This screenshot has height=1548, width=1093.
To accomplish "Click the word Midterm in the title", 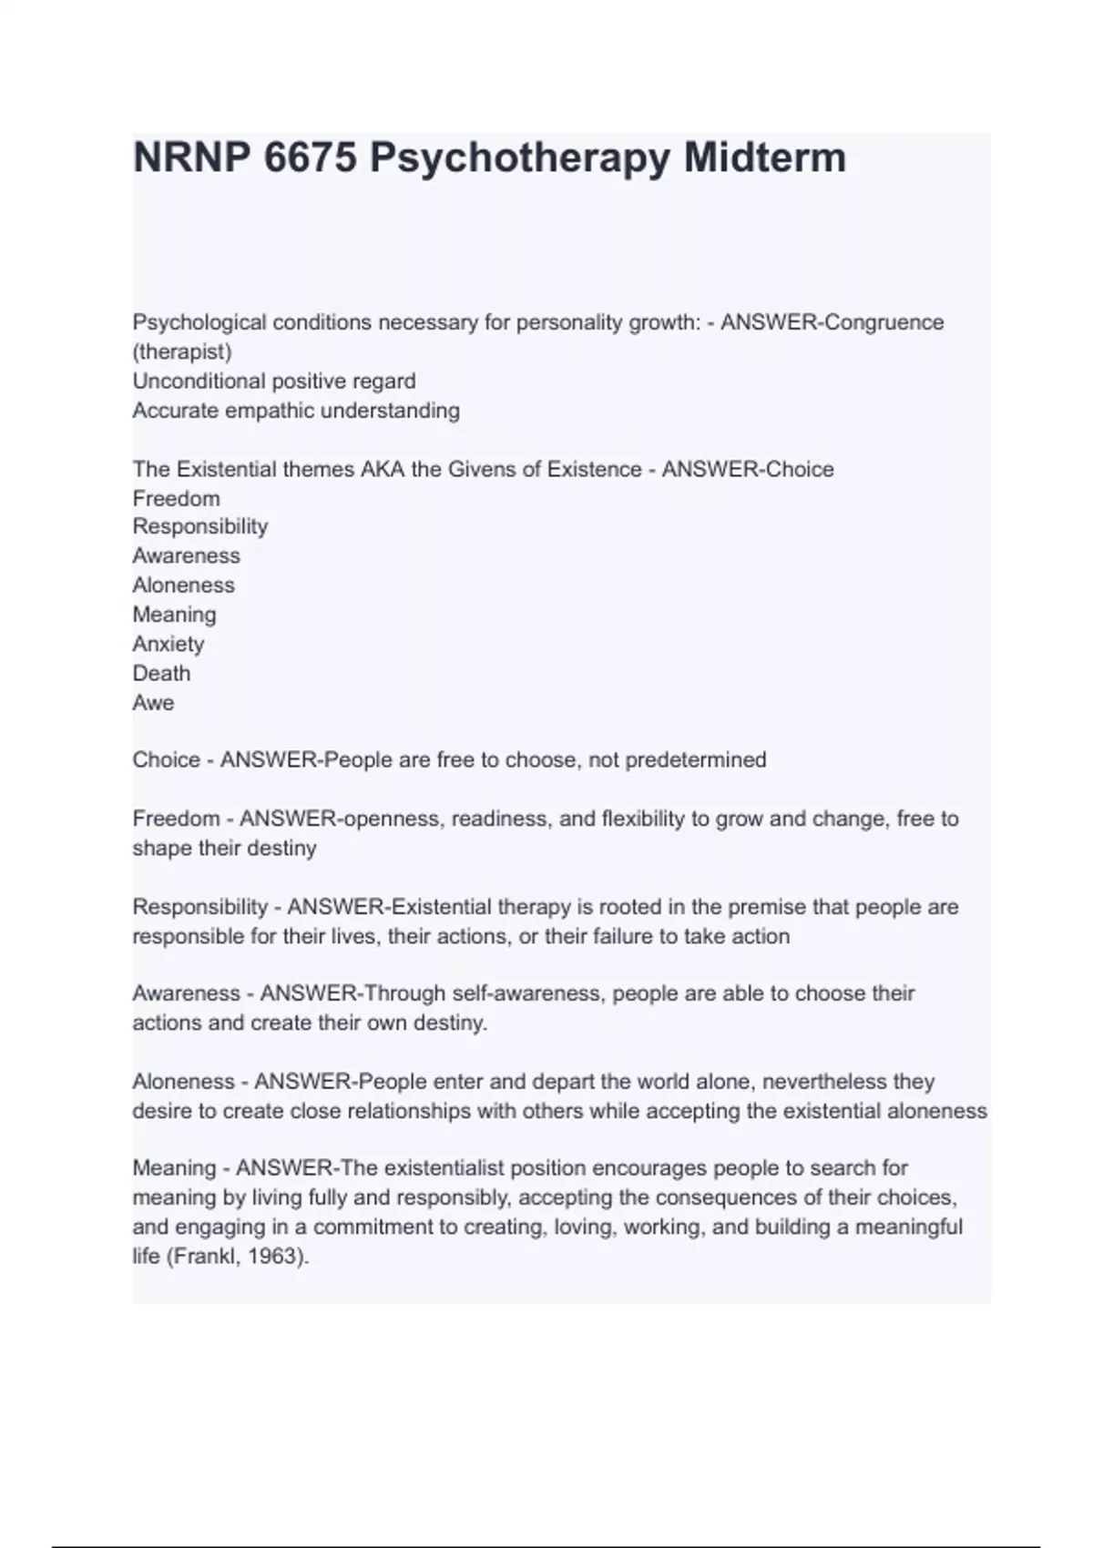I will [x=764, y=158].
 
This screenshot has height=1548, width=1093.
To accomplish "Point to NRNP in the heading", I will [x=190, y=158].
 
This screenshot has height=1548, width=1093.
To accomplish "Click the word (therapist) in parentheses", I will [x=182, y=351].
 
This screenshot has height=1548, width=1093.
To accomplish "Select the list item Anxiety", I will [x=169, y=644].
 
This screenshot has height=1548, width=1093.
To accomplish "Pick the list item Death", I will [x=161, y=673].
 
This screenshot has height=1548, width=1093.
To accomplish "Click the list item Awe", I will [x=153, y=702].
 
